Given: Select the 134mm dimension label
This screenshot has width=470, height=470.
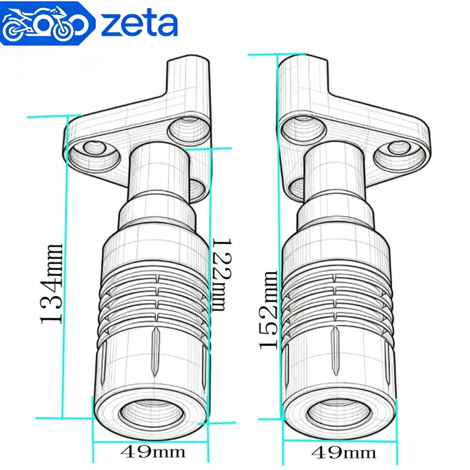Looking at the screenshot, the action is [52, 284].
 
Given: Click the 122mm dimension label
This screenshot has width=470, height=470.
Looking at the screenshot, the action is [222, 274].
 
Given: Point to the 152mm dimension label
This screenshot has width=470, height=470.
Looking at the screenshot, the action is [268, 310].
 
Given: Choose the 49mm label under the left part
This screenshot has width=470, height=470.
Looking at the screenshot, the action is [153, 452].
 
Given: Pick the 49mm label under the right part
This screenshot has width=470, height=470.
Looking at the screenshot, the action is [343, 452].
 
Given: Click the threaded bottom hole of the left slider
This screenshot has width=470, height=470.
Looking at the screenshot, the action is [152, 413].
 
